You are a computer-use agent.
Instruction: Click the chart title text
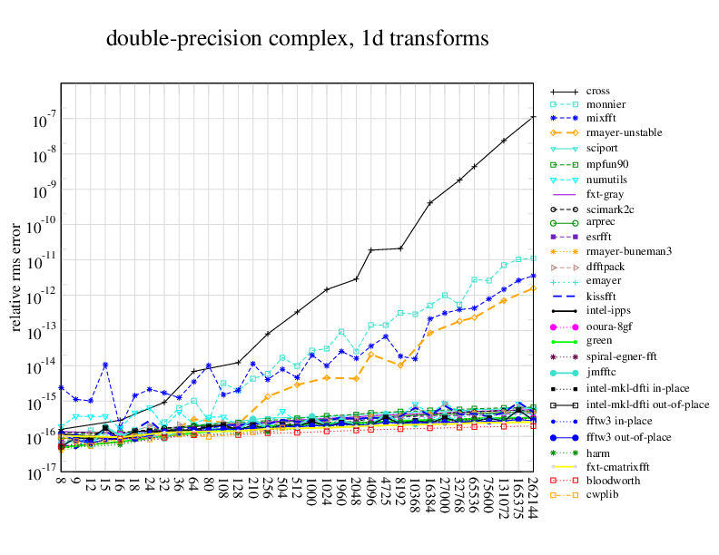point(298,39)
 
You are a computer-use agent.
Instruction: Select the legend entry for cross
point(597,91)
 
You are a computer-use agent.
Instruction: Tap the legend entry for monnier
point(606,105)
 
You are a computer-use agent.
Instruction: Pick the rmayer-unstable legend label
point(624,132)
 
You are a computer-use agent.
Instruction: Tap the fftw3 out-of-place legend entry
point(627,436)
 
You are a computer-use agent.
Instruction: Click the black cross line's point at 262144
point(532,117)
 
